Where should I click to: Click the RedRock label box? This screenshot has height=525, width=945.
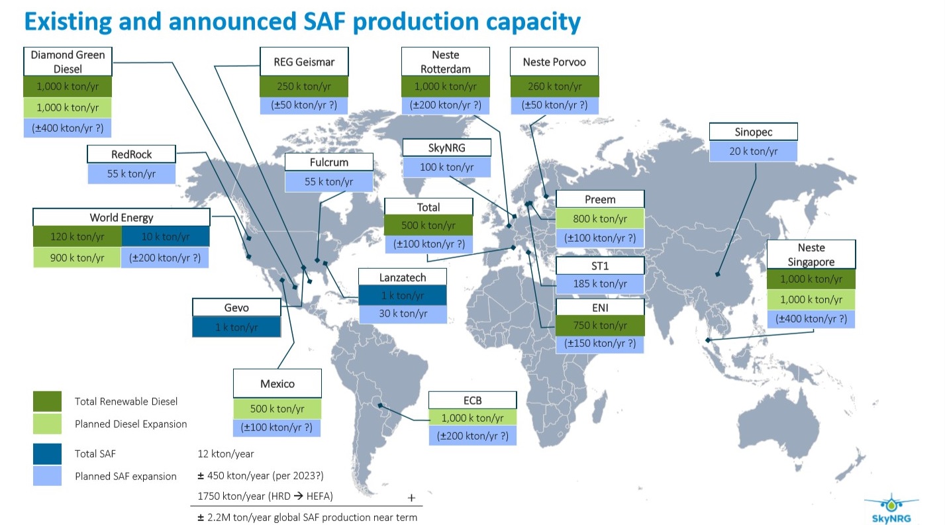pyautogui.click(x=131, y=154)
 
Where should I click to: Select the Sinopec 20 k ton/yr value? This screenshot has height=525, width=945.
pyautogui.click(x=753, y=152)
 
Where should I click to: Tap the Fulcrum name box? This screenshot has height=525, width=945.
pyautogui.click(x=328, y=162)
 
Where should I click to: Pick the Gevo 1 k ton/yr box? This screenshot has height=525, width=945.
pyautogui.click(x=236, y=327)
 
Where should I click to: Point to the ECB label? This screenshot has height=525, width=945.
pyautogui.click(x=472, y=400)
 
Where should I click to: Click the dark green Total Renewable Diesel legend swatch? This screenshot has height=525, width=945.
pyautogui.click(x=47, y=401)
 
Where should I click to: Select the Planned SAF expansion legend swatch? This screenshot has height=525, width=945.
pyautogui.click(x=47, y=475)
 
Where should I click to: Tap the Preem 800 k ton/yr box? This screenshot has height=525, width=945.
pyautogui.click(x=599, y=218)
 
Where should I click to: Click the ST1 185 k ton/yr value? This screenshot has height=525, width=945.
pyautogui.click(x=599, y=284)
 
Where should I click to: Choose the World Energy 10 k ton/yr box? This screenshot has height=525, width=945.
pyautogui.click(x=165, y=236)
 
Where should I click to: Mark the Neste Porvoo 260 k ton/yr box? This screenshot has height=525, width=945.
pyautogui.click(x=554, y=86)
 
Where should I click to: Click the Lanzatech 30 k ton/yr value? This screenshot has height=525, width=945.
pyautogui.click(x=402, y=314)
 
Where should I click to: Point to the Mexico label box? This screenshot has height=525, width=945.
pyautogui.click(x=277, y=383)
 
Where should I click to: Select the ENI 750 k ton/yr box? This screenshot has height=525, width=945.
pyautogui.click(x=599, y=325)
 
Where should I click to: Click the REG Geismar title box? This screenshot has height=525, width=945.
pyautogui.click(x=304, y=62)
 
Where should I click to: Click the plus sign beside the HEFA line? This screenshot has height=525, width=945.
pyautogui.click(x=411, y=497)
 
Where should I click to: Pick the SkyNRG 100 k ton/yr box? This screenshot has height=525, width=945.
pyautogui.click(x=446, y=167)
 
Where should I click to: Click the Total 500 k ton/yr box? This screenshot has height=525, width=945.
pyautogui.click(x=428, y=225)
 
